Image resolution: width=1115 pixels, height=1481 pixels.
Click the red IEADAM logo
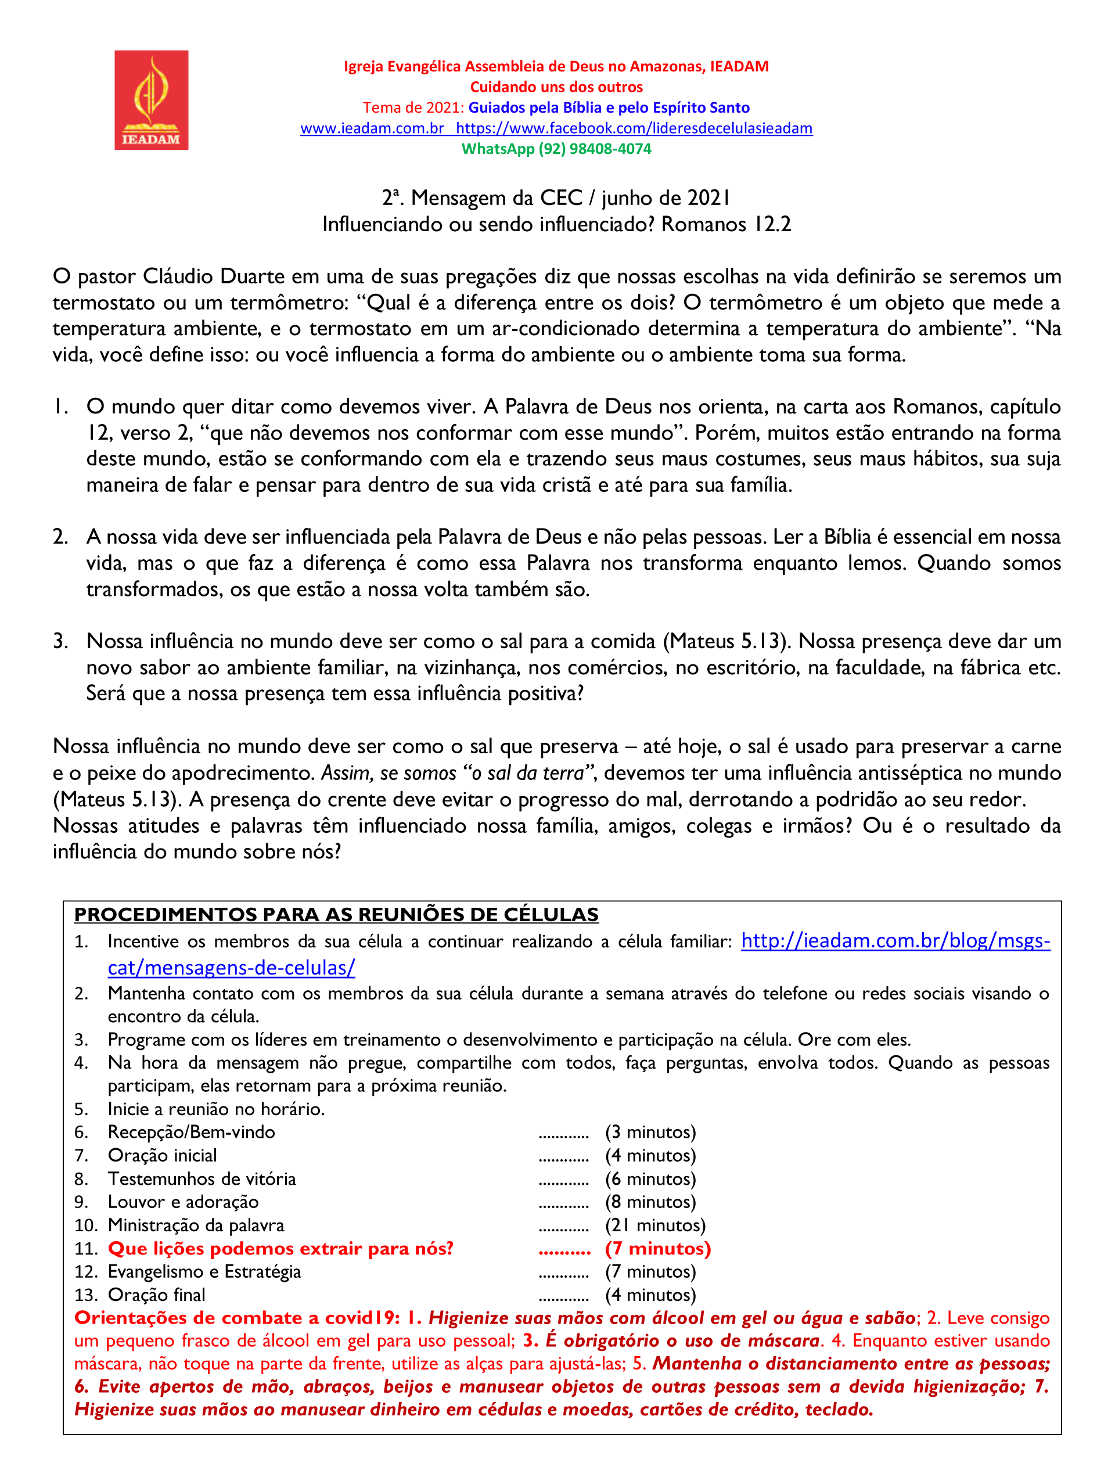coord(151,100)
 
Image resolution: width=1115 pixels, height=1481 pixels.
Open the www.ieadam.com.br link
coord(372,128)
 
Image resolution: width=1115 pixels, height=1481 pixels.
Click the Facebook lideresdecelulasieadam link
coord(634,128)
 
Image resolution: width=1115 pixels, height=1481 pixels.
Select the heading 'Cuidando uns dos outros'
coord(556,87)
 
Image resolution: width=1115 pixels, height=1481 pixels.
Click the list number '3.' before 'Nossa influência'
coord(61,641)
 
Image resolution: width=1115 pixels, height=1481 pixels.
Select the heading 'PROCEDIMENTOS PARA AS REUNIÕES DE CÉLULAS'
coord(336,914)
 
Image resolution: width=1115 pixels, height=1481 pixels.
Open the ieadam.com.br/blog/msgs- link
coord(895,941)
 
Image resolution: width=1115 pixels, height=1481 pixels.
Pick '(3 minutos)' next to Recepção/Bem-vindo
coord(650,1131)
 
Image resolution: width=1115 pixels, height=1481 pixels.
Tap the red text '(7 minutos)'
coord(658,1248)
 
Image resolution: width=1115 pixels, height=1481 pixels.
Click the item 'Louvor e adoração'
coord(184,1201)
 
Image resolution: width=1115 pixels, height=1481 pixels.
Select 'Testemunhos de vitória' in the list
coord(202,1178)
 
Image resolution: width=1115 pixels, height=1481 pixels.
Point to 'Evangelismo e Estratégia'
coord(204,1271)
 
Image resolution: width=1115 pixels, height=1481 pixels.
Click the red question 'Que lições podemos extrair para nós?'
coord(280,1248)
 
